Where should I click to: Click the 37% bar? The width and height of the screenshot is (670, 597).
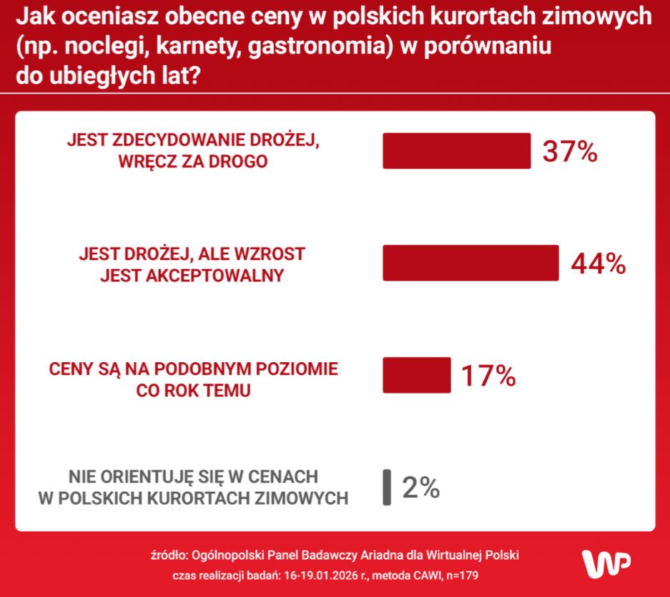[x=456, y=151]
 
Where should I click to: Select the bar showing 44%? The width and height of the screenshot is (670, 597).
[x=471, y=263]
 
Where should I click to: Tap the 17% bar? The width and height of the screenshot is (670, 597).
[x=417, y=375]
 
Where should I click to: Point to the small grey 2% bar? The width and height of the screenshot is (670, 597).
[x=387, y=487]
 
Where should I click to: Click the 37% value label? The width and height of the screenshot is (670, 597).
[x=569, y=152]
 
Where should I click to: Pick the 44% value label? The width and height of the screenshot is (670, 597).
[x=598, y=263]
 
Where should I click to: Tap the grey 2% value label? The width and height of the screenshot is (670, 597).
[x=420, y=487]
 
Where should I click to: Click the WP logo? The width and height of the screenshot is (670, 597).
[x=606, y=564]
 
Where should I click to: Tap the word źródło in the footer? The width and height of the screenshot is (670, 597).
[x=169, y=555]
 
